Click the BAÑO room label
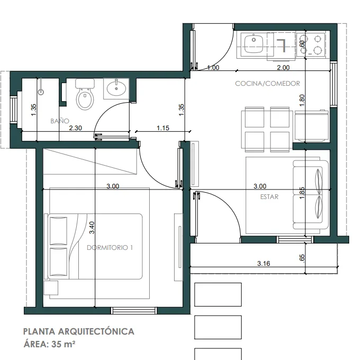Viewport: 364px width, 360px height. point(60,121)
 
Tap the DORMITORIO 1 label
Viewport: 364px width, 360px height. point(110,248)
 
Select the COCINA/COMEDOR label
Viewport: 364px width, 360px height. point(267,83)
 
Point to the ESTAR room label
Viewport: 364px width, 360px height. point(269,197)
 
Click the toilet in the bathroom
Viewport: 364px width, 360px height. point(85,94)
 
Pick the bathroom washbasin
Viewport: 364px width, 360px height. point(116,88)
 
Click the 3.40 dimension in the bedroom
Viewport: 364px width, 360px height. point(92,228)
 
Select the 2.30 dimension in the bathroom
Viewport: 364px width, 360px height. point(76,128)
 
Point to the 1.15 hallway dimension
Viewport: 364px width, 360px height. point(163,128)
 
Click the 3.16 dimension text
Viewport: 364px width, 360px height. point(263,263)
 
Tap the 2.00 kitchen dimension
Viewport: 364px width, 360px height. point(283,68)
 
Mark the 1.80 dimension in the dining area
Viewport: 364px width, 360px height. point(302,101)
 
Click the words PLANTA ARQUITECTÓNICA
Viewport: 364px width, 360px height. point(79,331)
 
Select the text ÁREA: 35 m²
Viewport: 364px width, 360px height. point(49,344)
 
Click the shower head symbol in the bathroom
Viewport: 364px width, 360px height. point(41,92)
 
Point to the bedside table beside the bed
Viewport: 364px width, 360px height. point(51,288)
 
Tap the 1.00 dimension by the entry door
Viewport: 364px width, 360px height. point(213,68)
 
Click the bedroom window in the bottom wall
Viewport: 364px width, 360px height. point(134,311)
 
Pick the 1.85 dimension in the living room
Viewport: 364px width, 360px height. point(302,193)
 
